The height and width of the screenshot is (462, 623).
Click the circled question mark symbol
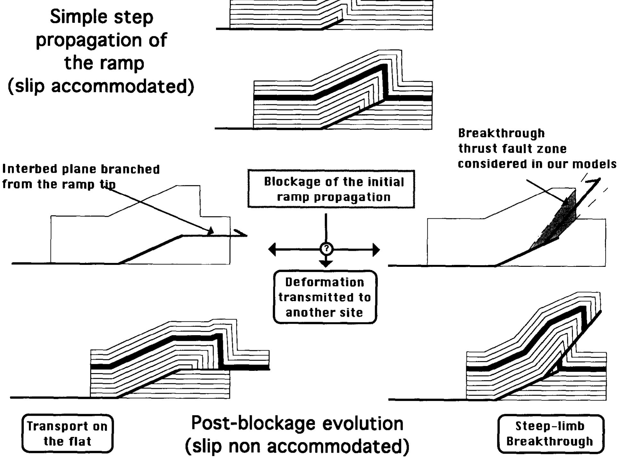[326, 249]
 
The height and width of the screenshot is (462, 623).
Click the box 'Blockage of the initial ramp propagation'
[331, 189]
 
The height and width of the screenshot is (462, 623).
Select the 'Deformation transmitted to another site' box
[325, 297]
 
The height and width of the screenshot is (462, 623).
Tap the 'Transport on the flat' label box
[67, 433]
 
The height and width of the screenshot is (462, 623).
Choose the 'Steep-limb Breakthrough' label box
[550, 433]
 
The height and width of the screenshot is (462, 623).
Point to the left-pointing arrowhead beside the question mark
[272, 249]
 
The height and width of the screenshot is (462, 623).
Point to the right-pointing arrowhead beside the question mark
[376, 249]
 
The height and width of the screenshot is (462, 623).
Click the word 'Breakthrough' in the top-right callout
[501, 133]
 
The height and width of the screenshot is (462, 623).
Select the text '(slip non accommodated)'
[297, 446]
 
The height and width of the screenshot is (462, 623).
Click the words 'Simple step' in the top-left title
[101, 17]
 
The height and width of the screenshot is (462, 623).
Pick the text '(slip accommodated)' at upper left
[101, 86]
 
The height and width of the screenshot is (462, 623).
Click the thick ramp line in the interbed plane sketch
[151, 249]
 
